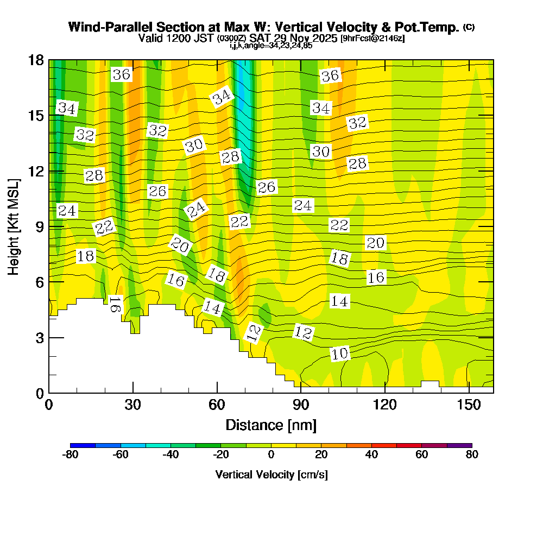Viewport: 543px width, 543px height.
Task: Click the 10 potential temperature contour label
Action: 340,354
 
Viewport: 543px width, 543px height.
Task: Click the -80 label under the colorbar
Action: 71,455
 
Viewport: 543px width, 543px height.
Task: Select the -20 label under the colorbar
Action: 222,455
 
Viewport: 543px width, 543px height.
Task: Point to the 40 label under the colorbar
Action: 371,455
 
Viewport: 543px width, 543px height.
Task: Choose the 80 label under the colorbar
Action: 472,455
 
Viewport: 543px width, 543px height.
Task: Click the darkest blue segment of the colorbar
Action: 83,445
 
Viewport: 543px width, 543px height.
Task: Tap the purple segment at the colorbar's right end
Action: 459,445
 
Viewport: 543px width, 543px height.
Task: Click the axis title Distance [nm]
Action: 271,424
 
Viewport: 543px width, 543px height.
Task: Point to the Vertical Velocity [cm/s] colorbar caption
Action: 271,475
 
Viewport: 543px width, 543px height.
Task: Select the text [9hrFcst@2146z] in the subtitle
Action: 372,39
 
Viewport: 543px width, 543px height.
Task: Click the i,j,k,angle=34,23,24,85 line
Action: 271,46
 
